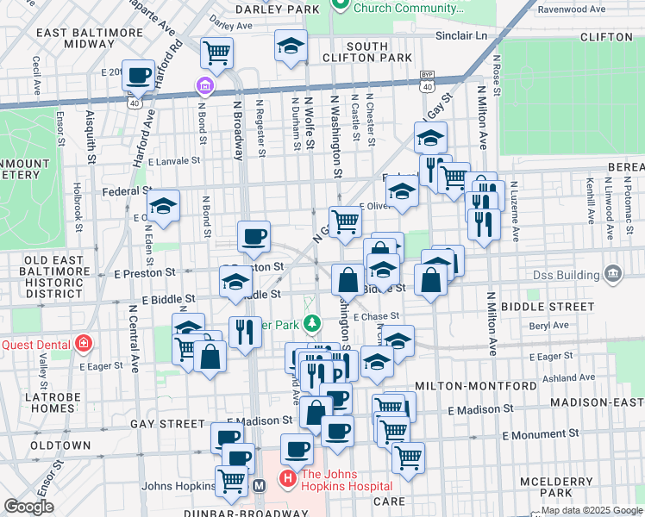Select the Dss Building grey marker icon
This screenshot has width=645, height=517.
613,275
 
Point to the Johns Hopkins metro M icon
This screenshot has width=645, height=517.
259,485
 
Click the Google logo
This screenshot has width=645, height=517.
28,507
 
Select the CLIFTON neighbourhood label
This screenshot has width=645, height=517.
607,37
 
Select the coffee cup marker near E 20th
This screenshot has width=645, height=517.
138,75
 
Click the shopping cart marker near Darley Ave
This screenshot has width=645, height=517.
216,52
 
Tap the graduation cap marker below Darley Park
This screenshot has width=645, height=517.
291,45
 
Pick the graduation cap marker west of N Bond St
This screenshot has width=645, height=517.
163,206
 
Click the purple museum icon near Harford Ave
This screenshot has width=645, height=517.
204,87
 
